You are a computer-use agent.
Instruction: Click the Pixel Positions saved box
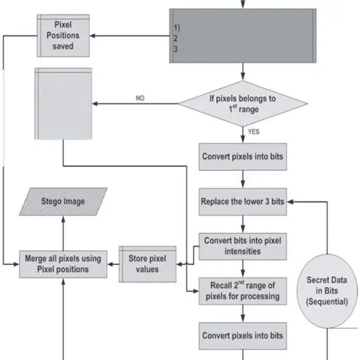tap(65, 36)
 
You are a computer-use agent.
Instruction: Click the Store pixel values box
tap(148, 261)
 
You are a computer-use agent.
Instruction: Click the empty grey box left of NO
tap(64, 103)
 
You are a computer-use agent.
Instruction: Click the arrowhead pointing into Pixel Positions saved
tap(96, 36)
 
